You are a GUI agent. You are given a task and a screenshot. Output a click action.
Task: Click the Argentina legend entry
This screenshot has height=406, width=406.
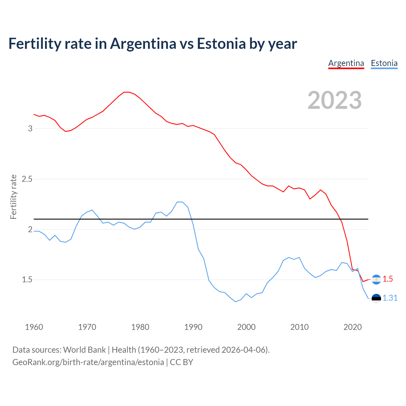[346, 63]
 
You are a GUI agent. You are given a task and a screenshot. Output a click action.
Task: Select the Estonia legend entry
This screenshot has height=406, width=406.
[384, 63]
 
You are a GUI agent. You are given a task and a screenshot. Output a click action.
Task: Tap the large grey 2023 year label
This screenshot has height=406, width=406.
[335, 100]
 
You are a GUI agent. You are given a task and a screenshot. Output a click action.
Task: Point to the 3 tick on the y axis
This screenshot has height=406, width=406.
[30, 128]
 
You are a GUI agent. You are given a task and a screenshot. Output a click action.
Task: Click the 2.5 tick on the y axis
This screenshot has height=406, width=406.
[27, 179]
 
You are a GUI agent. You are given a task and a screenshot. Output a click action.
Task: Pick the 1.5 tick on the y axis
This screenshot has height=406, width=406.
[27, 280]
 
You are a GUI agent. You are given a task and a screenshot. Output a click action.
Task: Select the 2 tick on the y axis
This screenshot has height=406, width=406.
[30, 229]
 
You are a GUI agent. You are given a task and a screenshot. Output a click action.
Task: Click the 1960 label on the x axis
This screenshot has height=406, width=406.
[34, 327]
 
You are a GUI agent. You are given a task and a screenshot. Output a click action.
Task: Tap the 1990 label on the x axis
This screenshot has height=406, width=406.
[193, 327]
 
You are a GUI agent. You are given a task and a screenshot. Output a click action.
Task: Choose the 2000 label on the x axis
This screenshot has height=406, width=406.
[246, 327]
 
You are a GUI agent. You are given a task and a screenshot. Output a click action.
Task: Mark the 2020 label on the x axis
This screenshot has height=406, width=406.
[353, 327]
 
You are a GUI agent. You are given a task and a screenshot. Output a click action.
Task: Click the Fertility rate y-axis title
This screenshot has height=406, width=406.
[13, 197]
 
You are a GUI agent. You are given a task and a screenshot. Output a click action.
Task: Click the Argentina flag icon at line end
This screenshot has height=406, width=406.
[376, 279]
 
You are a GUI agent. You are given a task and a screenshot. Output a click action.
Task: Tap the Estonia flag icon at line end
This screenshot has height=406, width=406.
[376, 298]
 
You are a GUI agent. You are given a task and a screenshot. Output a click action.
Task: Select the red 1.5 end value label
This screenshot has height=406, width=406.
[388, 279]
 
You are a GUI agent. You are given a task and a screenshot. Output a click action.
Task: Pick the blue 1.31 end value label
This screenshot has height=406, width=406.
[390, 298]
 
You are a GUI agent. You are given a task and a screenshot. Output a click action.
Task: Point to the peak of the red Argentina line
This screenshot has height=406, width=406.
[127, 92]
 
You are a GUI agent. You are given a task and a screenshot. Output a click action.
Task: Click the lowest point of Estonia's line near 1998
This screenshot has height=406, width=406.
[236, 302]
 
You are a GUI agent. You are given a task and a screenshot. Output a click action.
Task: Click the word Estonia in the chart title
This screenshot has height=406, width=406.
[221, 43]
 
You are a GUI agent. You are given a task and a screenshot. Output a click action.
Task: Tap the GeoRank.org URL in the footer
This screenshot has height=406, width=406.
[88, 362]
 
